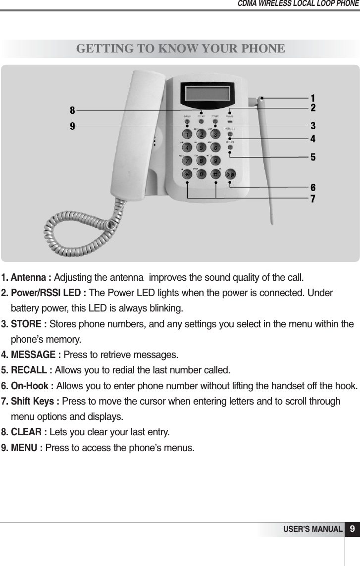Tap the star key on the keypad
pos(187,174)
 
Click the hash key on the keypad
pos(216,174)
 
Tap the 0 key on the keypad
pos(202,174)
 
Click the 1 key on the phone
pos(187,134)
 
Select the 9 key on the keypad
pos(216,160)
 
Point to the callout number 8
pos(72,110)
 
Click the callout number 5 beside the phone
pos(313,157)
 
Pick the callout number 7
pos(313,199)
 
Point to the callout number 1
pos(313,97)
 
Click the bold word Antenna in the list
pos(30,276)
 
